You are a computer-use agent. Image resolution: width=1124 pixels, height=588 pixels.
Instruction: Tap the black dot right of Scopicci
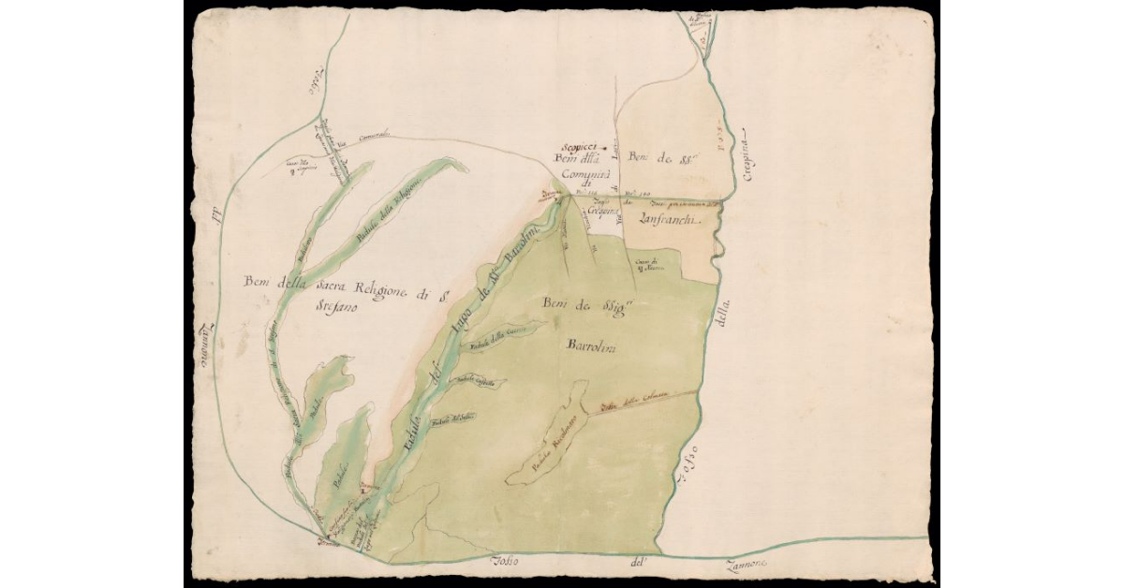point(604,148)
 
